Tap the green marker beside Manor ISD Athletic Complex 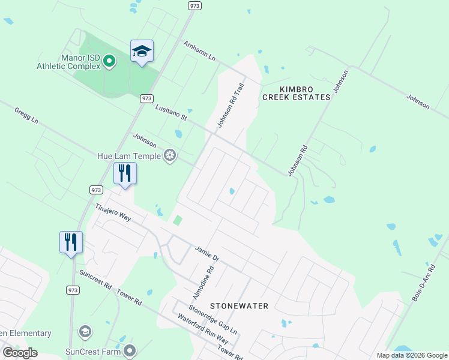109,61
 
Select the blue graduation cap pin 142,52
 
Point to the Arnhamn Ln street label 200,52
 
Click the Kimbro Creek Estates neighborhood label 296,92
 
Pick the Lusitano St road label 171,112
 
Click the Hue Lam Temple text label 129,156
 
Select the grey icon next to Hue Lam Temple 170,156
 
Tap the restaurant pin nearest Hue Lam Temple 125,174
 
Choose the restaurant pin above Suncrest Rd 71,243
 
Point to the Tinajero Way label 113,211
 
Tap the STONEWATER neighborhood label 239,306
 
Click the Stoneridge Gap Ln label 212,320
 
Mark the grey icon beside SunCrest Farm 130,350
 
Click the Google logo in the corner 20,353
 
